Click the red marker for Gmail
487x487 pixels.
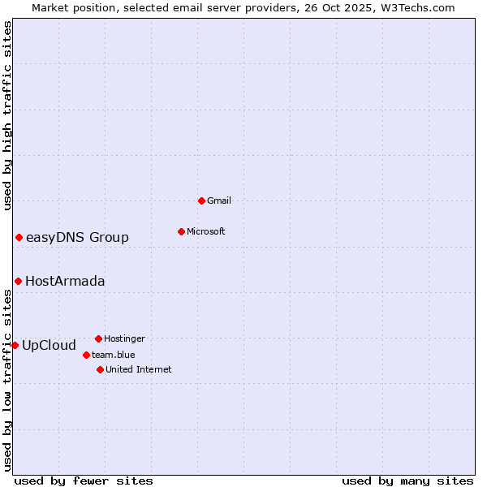point(201,200)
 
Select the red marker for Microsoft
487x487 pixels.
point(181,231)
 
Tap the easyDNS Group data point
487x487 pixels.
point(19,237)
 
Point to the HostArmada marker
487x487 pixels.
point(18,281)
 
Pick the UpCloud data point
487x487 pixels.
point(15,345)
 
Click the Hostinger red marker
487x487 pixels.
point(98,338)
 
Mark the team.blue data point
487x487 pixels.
point(86,355)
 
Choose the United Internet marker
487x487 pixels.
point(100,369)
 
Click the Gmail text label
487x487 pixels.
point(219,200)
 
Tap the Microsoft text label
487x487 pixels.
point(206,231)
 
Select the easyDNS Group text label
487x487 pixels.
point(77,237)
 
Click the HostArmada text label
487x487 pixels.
point(65,281)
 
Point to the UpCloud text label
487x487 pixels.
point(49,345)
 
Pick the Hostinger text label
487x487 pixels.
point(124,338)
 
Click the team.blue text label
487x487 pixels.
point(114,355)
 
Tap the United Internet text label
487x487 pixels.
point(139,369)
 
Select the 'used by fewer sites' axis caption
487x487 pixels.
point(84,481)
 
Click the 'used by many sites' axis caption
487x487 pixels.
point(407,481)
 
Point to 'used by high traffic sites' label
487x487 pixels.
point(7,115)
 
